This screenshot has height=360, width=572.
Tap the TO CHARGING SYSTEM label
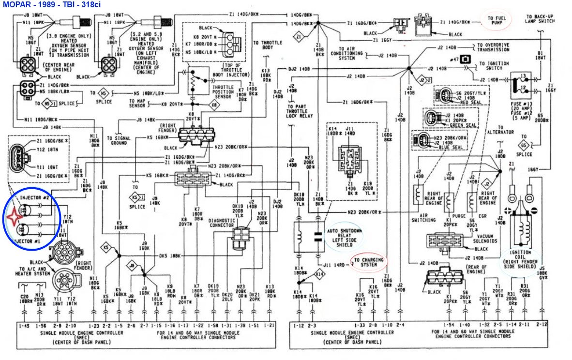coord(369,263)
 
